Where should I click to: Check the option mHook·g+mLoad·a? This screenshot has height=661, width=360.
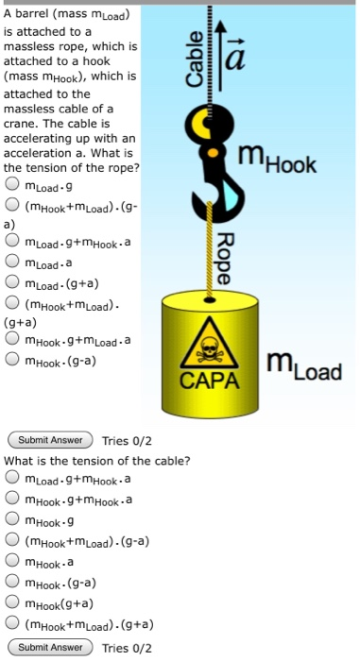pyautogui.click(x=14, y=341)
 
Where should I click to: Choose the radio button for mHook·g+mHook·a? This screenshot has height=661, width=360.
pyautogui.click(x=14, y=500)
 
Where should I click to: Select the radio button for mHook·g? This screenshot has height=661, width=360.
pyautogui.click(x=14, y=522)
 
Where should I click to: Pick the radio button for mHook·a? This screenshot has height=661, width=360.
pyautogui.click(x=14, y=564)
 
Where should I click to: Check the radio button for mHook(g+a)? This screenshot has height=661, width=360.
pyautogui.click(x=14, y=604)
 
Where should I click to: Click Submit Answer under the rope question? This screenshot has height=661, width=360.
pyautogui.click(x=50, y=440)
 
